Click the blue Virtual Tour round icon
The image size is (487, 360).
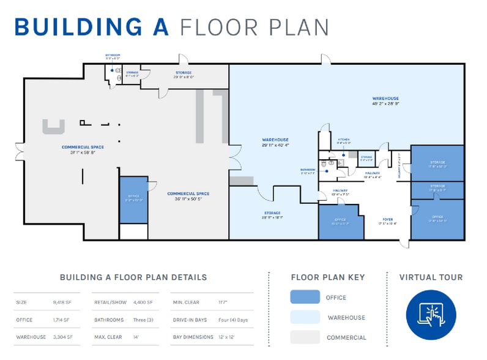pyautogui.click(x=431, y=314)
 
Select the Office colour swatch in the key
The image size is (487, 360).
pyautogui.click(x=305, y=297)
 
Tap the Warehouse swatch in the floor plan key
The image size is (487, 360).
pyautogui.click(x=305, y=317)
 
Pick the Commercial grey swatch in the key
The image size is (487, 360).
pyautogui.click(x=305, y=337)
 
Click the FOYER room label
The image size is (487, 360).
pyautogui.click(x=387, y=219)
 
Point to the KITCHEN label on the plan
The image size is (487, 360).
pyautogui.click(x=344, y=140)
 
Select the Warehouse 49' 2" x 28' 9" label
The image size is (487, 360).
pyautogui.click(x=385, y=101)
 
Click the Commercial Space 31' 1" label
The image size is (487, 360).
pyautogui.click(x=83, y=149)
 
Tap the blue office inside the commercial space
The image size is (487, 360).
pyautogui.click(x=133, y=200)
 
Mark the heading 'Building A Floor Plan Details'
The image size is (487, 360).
pyautogui.click(x=133, y=277)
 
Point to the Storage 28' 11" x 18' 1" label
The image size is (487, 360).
pyautogui.click(x=272, y=215)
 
